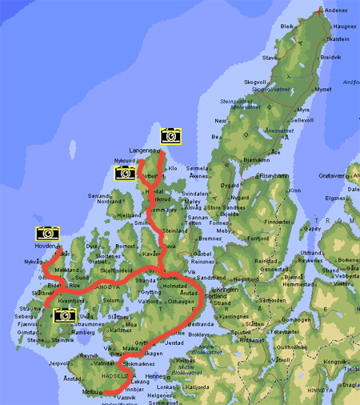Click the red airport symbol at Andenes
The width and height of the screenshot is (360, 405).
pyautogui.click(x=321, y=11)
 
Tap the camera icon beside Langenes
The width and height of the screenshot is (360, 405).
pyautogui.click(x=170, y=136)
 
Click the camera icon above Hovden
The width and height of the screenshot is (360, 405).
pyautogui.click(x=48, y=234)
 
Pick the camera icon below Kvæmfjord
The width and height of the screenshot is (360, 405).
pyautogui.click(x=62, y=315)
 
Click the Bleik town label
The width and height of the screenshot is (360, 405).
pyautogui.click(x=287, y=26)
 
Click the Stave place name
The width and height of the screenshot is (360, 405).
pyautogui.click(x=269, y=58)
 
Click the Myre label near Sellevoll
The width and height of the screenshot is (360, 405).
pyautogui.click(x=303, y=110)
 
